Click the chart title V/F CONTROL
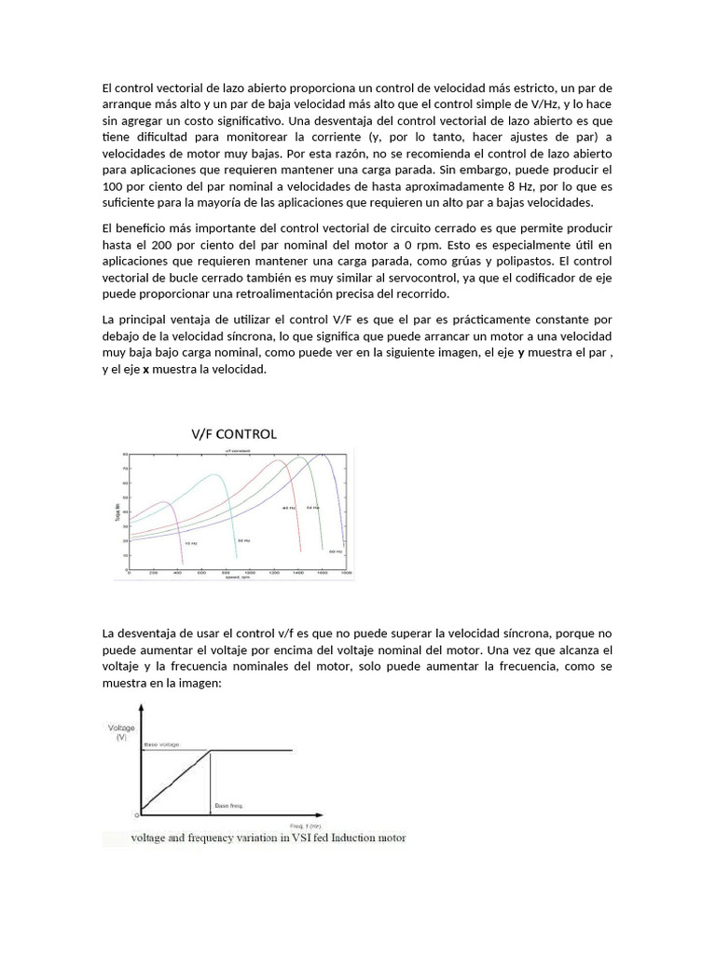tap(234, 433)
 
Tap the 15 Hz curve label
tap(190, 542)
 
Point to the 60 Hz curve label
tap(337, 552)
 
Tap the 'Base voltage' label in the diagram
tap(161, 745)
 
